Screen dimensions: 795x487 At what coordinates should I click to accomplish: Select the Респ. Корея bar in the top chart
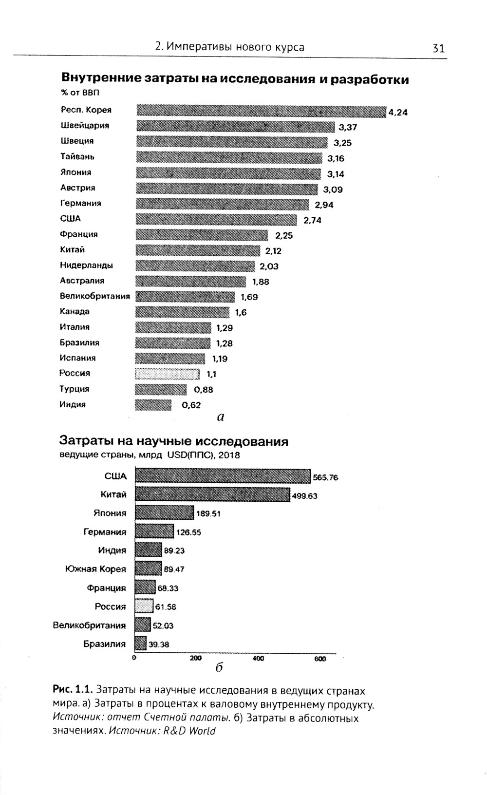[x=261, y=111]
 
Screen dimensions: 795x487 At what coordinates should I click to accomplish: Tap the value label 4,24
[x=398, y=113]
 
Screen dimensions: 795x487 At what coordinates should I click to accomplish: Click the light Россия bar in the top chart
[x=167, y=374]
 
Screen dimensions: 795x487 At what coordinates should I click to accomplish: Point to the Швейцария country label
[x=85, y=126]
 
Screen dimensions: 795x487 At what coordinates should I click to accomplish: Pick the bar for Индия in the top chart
[x=153, y=405]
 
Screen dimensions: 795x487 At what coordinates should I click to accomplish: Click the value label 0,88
[x=204, y=390]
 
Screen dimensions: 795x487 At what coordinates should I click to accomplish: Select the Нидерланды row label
[x=87, y=265]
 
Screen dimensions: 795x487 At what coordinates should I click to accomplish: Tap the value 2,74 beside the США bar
[x=313, y=220]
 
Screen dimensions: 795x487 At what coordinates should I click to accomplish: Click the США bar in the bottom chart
[x=223, y=476]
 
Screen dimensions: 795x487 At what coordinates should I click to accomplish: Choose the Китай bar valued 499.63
[x=212, y=495]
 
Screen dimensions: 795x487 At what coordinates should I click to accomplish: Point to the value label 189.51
[x=208, y=513]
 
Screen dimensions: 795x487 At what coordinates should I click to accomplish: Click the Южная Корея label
[x=95, y=569]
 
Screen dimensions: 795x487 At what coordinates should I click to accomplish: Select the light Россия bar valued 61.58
[x=144, y=606]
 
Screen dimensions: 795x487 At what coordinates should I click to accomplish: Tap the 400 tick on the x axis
[x=258, y=659]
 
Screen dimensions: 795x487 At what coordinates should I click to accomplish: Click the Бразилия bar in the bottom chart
[x=140, y=644]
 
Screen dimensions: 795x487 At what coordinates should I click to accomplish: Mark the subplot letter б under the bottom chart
[x=219, y=667]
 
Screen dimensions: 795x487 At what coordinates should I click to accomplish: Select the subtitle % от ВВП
[x=74, y=93]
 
